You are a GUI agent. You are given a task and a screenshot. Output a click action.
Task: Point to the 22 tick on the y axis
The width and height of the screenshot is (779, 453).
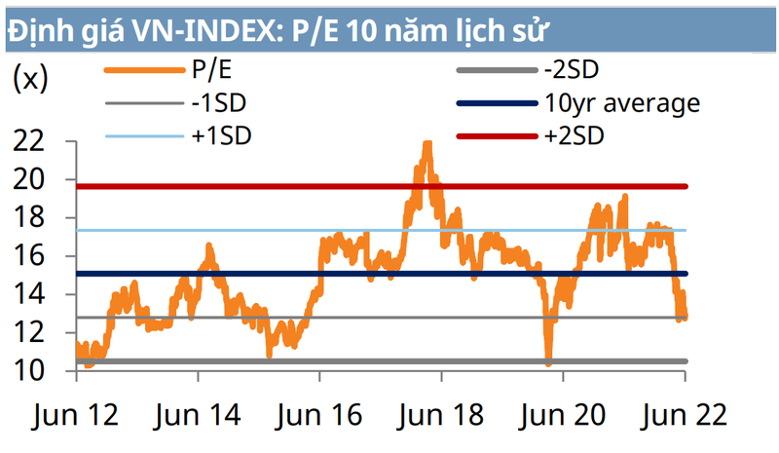coord(31,141)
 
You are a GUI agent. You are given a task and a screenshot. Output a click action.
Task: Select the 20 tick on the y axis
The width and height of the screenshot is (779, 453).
coord(31,179)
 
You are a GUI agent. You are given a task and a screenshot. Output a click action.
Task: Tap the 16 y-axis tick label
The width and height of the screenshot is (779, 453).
coord(31,256)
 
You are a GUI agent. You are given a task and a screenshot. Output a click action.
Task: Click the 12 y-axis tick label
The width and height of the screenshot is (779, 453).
coord(31,332)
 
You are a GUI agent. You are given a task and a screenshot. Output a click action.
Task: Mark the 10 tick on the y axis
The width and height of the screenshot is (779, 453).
coord(31,371)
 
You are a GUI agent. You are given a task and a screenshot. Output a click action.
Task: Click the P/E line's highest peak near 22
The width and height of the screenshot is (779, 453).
coord(427,144)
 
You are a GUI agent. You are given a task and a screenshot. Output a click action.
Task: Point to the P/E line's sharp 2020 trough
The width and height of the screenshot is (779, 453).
coord(549,362)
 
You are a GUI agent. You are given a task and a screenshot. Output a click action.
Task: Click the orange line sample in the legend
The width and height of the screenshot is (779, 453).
coord(140,70)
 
